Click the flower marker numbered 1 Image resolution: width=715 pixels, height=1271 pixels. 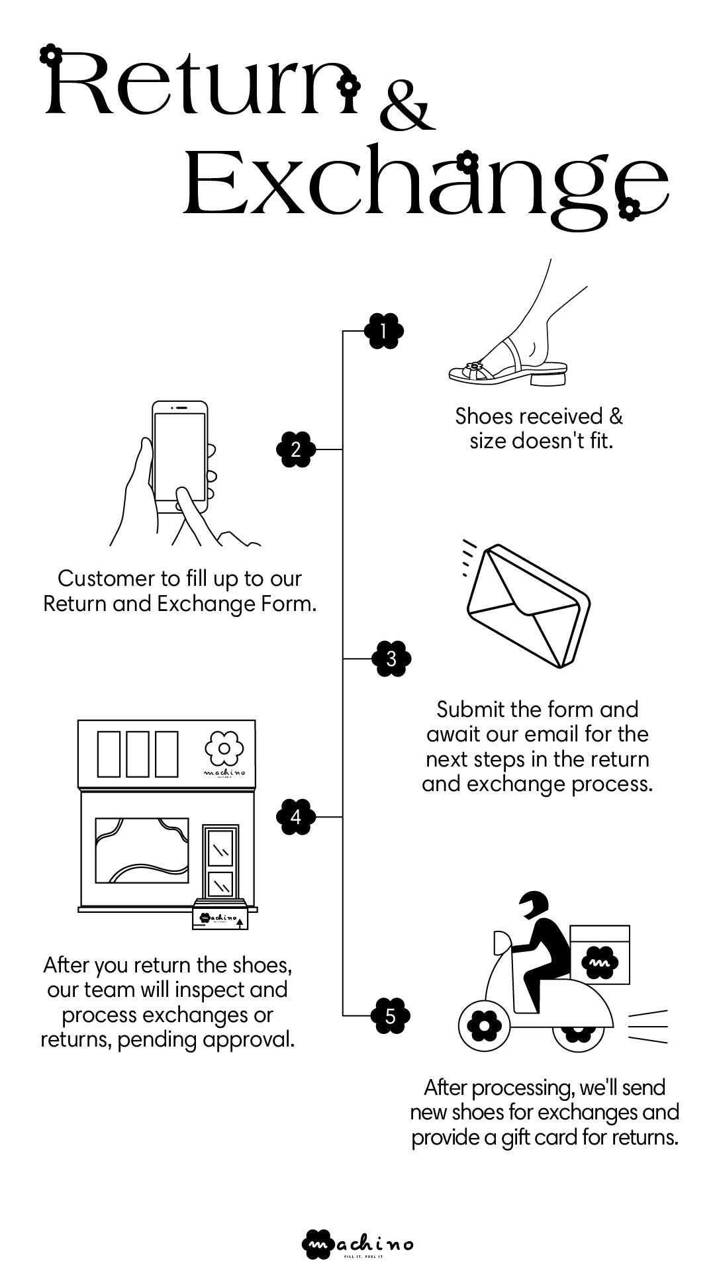pos(385,330)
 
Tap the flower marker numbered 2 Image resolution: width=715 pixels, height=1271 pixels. pos(295,449)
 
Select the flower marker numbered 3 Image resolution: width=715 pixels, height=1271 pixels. pos(391,659)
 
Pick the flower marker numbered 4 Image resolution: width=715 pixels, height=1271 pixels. pos(295,817)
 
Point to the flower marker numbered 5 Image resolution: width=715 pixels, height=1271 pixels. pos(390,1015)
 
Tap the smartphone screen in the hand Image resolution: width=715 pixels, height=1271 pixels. pos(179,457)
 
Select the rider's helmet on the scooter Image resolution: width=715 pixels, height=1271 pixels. pos(534,904)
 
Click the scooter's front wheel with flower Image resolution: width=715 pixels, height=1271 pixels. pos(480,1026)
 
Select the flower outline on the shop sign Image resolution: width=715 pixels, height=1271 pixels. pos(224,749)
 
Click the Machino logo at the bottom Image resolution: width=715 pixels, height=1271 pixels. pos(358,1245)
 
